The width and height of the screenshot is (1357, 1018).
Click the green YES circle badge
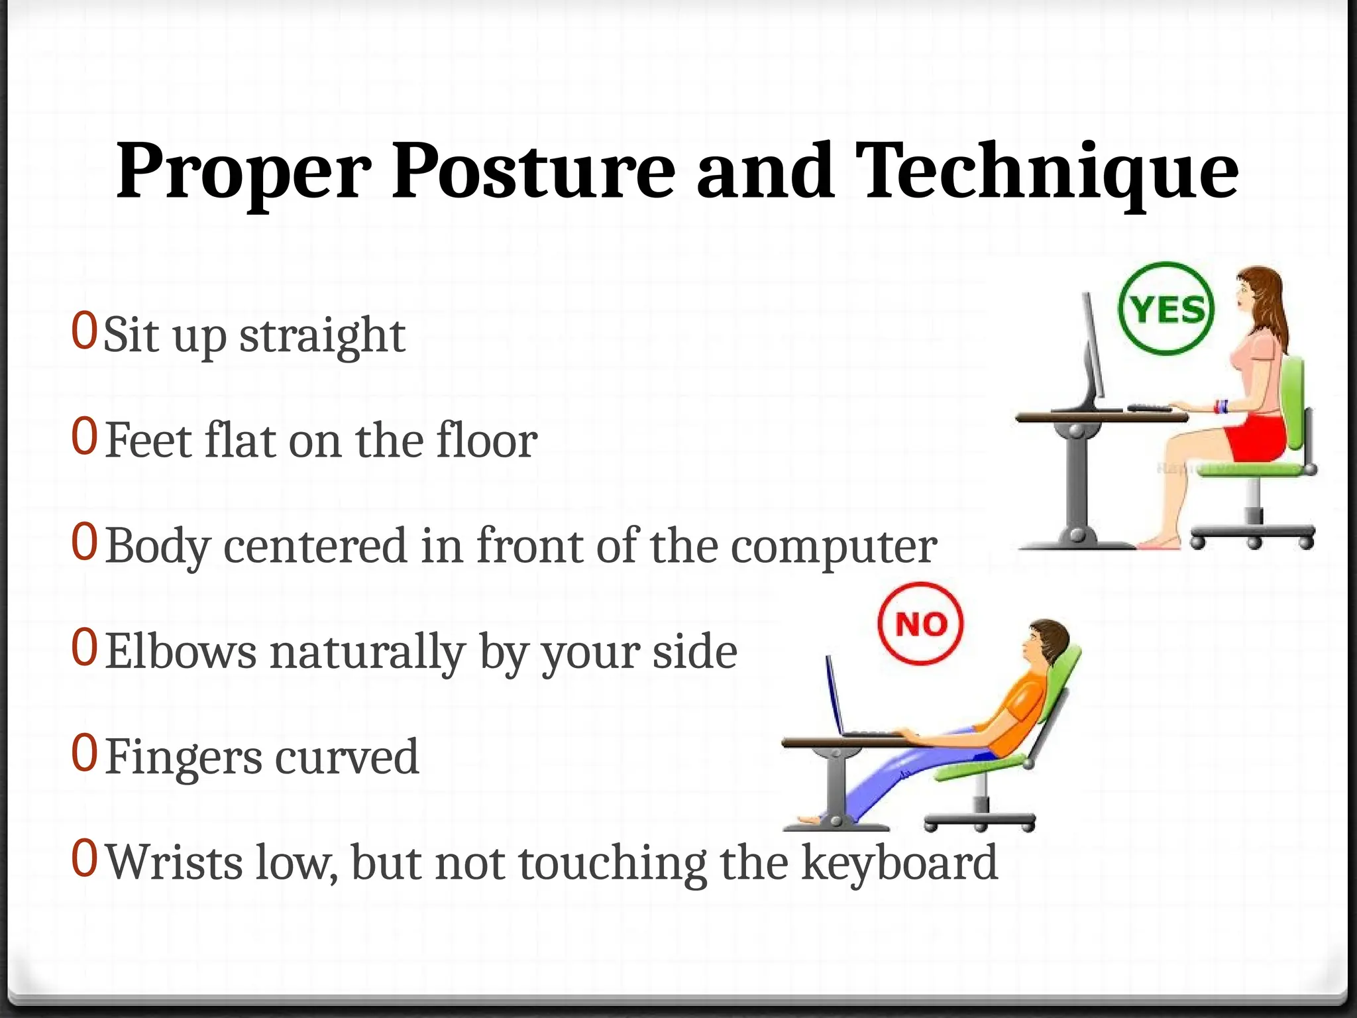[1166, 309]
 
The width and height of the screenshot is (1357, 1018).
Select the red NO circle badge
[920, 624]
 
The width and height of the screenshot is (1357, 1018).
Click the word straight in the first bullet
[322, 335]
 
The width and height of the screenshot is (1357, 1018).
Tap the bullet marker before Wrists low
[84, 858]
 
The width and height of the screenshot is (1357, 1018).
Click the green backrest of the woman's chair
[1294, 404]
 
